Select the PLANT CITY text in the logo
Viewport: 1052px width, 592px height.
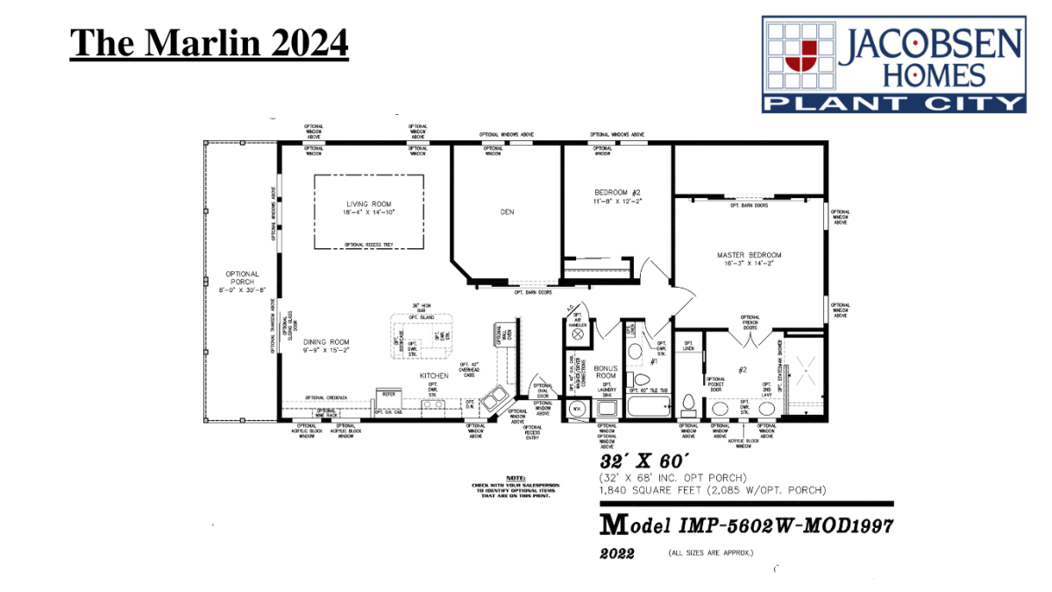tap(893, 104)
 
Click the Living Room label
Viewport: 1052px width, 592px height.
tap(369, 208)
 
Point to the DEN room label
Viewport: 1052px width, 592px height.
tap(507, 211)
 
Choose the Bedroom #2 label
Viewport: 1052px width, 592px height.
tap(617, 196)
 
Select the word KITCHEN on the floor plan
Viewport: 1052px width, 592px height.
tap(433, 375)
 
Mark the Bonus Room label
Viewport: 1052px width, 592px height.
tap(607, 372)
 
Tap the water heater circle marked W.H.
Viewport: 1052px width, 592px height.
tap(577, 410)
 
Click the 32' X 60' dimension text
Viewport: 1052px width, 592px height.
tap(633, 460)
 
